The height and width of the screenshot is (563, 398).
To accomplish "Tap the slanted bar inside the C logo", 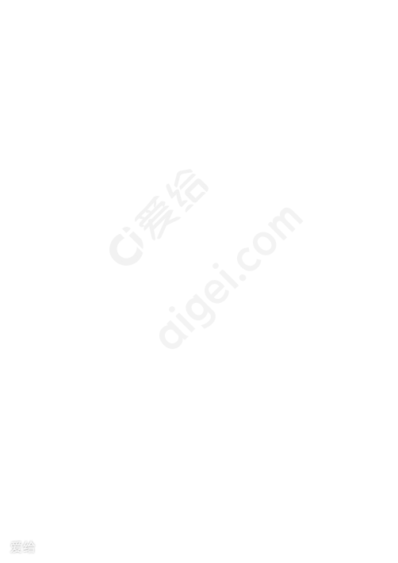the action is pyautogui.click(x=136, y=240).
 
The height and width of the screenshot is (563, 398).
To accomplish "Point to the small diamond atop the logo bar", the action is pyautogui.click(x=126, y=229).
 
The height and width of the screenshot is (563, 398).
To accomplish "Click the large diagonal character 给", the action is pyautogui.click(x=187, y=190).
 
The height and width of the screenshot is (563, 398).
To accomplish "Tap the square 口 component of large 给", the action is pyautogui.click(x=197, y=190).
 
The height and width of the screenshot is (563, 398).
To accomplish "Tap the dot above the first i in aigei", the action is pyautogui.click(x=172, y=309).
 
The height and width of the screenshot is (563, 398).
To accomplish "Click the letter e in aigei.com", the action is pyautogui.click(x=218, y=293).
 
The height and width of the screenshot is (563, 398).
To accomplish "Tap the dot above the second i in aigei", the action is pyautogui.click(x=216, y=266).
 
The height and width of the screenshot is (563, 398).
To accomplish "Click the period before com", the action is pyautogui.click(x=243, y=278).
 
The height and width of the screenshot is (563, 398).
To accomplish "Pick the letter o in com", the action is pyautogui.click(x=265, y=243).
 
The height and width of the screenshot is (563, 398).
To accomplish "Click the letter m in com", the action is pyautogui.click(x=285, y=224).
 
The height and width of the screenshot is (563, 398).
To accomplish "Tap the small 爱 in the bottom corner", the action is pyautogui.click(x=16, y=547).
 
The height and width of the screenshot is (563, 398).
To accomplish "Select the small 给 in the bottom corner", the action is pyautogui.click(x=29, y=547).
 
